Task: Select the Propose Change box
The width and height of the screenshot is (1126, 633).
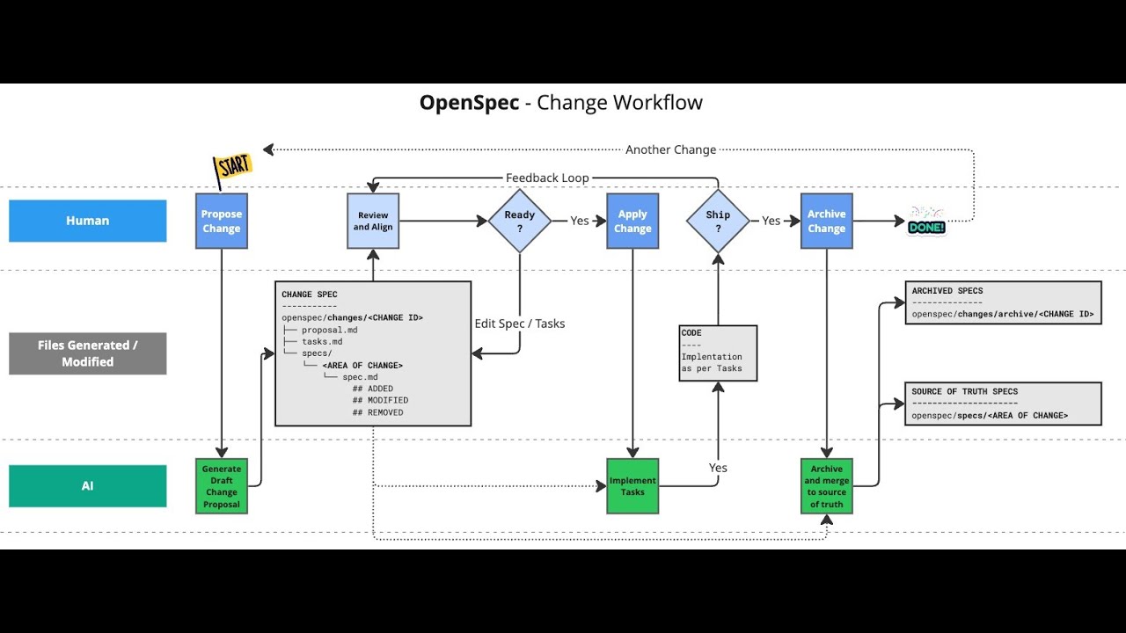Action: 221,221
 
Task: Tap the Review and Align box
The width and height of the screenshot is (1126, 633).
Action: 373,221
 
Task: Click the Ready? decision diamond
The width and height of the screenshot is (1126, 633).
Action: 519,221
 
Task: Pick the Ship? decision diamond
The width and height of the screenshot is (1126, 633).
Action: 718,221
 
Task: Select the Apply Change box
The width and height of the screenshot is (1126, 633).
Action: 632,221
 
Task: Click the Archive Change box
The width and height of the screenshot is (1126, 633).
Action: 826,221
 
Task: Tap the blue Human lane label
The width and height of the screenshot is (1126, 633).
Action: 88,221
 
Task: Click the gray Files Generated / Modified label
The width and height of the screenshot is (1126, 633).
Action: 88,353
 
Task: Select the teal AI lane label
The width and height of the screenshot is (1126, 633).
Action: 88,486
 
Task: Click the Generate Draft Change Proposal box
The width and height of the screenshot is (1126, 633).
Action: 221,486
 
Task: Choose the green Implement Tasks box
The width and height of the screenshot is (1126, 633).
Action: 632,486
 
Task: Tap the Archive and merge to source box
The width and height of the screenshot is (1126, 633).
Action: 826,486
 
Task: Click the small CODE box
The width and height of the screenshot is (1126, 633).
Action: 718,353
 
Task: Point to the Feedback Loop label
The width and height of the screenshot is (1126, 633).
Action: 547,178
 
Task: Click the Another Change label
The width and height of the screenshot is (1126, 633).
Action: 670,149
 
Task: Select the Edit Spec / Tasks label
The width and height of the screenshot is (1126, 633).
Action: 519,324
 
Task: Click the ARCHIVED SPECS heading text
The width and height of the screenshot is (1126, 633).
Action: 947,291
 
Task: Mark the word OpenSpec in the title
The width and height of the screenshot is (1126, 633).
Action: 469,103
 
